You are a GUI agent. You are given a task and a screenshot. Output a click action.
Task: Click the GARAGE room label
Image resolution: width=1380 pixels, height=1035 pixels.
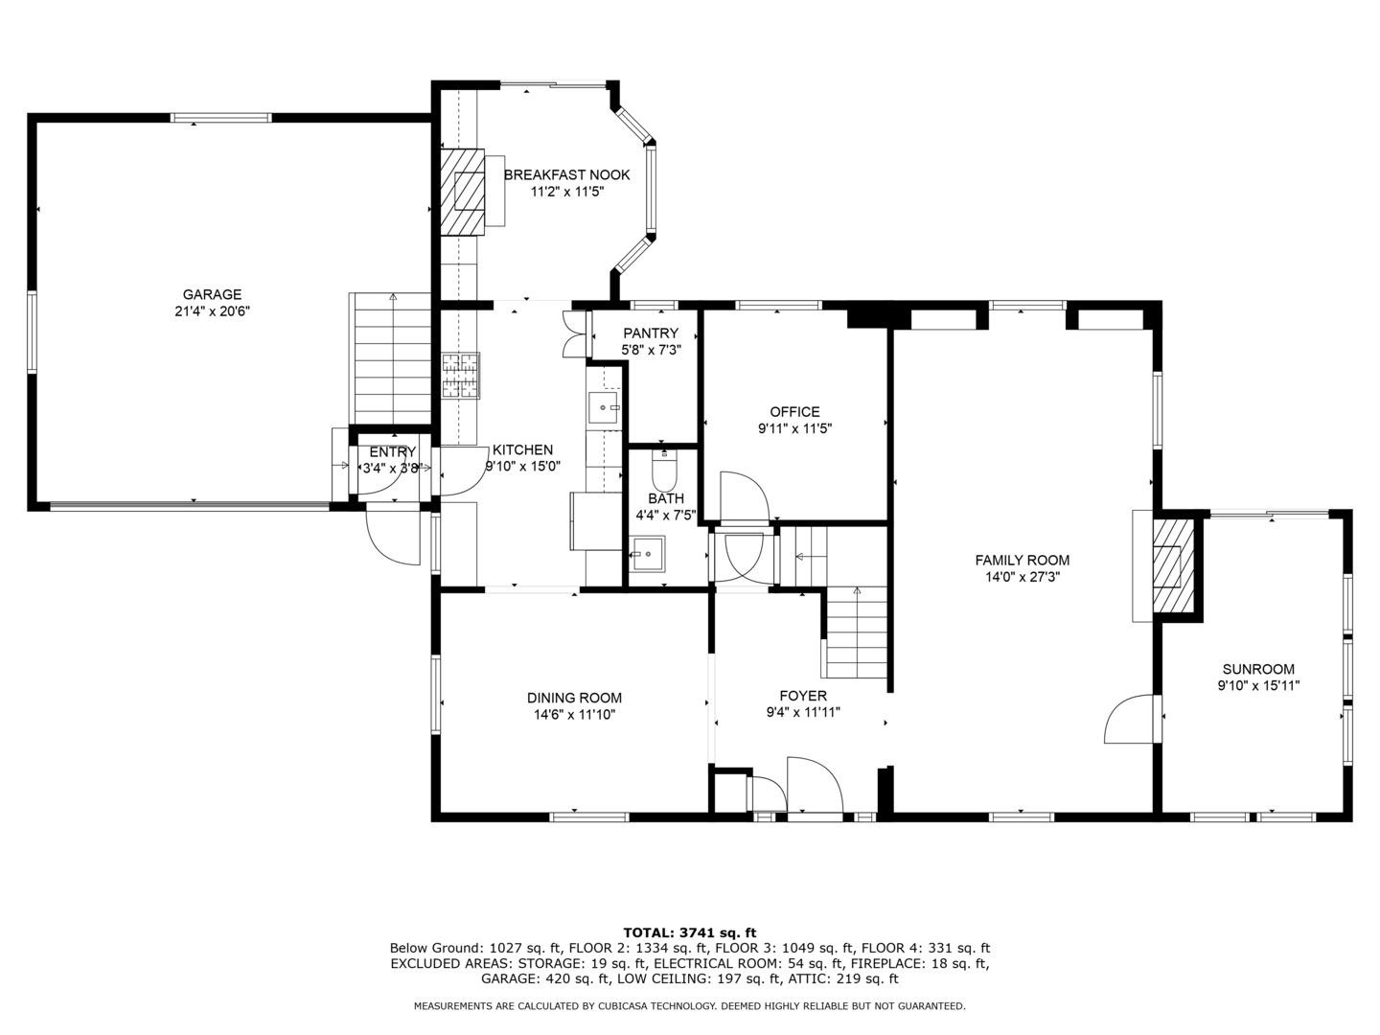pos(212,294)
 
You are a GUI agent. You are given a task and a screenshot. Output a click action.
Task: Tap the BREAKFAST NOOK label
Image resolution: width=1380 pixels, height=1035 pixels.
pos(566,174)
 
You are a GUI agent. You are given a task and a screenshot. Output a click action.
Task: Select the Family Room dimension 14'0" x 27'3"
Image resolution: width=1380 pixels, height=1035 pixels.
pos(1022,577)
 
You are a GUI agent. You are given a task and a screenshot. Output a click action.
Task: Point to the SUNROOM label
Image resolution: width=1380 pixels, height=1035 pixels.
pos(1257,669)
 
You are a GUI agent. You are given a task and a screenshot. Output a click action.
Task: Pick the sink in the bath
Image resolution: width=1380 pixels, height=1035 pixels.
pos(647,554)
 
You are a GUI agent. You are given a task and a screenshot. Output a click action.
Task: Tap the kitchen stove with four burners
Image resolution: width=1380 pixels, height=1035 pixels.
pos(460,376)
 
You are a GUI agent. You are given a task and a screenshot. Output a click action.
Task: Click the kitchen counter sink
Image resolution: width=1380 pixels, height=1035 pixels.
pos(605,408)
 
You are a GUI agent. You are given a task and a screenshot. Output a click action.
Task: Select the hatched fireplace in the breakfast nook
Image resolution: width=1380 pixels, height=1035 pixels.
pos(464,191)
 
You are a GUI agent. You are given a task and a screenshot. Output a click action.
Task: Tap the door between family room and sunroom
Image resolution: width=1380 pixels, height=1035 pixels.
pos(1130,720)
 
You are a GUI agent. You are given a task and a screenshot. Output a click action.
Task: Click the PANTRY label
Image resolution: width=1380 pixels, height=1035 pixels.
pos(650,333)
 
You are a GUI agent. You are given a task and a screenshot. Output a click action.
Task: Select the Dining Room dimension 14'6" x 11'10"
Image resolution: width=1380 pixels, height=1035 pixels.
pos(574,715)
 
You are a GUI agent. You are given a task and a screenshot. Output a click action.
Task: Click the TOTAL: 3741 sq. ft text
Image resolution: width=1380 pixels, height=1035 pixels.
pos(689,931)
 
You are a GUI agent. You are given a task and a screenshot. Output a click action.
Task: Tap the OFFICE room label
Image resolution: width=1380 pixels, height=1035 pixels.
pos(794,412)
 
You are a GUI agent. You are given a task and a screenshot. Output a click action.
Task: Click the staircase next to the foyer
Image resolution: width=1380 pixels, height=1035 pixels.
pos(856,632)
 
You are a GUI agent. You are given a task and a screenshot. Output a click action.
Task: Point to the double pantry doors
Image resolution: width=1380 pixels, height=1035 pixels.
pos(573,334)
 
